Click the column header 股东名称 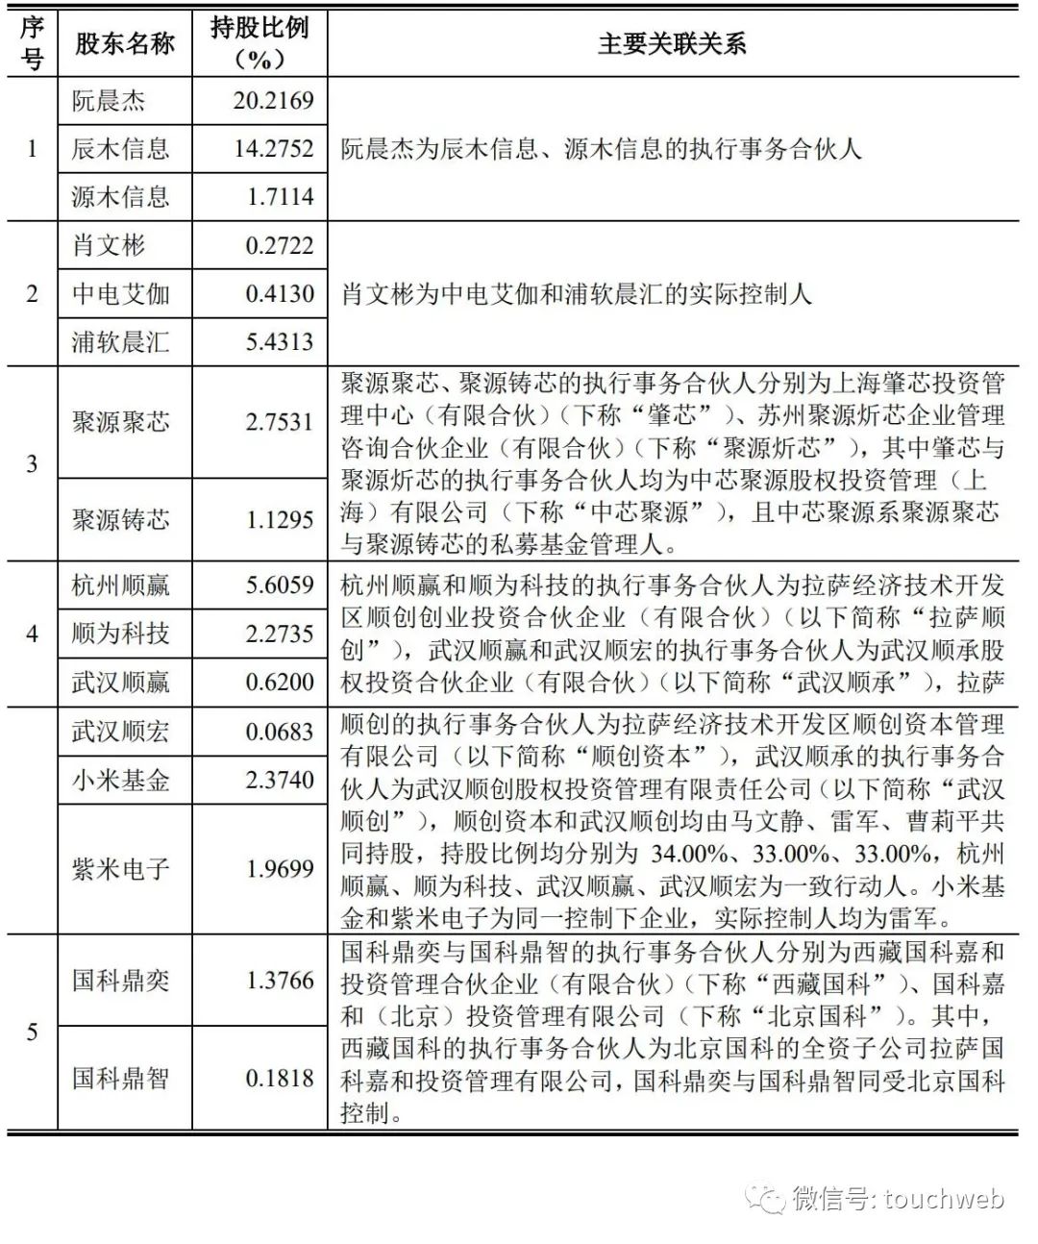pos(125,43)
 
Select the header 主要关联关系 pos(672,43)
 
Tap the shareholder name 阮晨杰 pos(108,101)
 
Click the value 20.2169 pos(273,101)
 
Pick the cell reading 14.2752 pos(273,149)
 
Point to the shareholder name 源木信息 pos(120,197)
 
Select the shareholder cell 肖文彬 pos(108,246)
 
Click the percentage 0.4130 pos(279,294)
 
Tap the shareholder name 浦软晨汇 pos(120,342)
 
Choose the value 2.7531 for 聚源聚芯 pos(279,422)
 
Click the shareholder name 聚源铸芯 pos(120,520)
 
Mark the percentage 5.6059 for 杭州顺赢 pos(279,585)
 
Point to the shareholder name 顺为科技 pos(120,634)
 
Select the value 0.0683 pos(279,732)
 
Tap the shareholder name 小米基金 pos(120,780)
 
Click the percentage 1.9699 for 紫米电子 pos(279,869)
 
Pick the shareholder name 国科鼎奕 pos(120,981)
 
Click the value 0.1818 pos(279,1078)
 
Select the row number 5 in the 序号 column pos(32,1033)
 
